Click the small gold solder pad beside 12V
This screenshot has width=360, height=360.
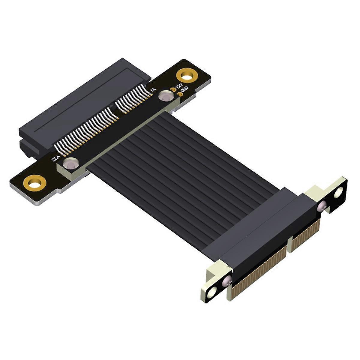tap(173, 89)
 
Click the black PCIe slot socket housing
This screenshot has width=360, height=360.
tap(84, 102)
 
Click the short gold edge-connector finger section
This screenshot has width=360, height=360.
tap(304, 233)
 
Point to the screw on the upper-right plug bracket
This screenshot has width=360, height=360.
tap(322, 205)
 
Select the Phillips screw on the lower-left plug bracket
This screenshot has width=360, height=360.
tap(226, 280)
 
